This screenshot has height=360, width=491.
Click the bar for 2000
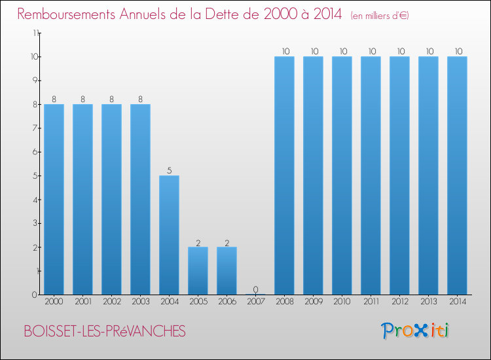click(54, 199)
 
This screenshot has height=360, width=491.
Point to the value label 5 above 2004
click(169, 171)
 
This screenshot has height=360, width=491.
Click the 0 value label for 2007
click(255, 289)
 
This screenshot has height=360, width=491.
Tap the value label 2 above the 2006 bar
click(227, 242)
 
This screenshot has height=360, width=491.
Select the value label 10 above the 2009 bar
click(313, 52)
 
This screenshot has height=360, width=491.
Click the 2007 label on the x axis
click(255, 302)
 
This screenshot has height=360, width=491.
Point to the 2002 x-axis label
click(111, 302)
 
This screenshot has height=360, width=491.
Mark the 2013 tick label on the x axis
click(428, 302)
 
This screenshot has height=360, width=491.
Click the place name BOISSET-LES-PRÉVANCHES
click(104, 332)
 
